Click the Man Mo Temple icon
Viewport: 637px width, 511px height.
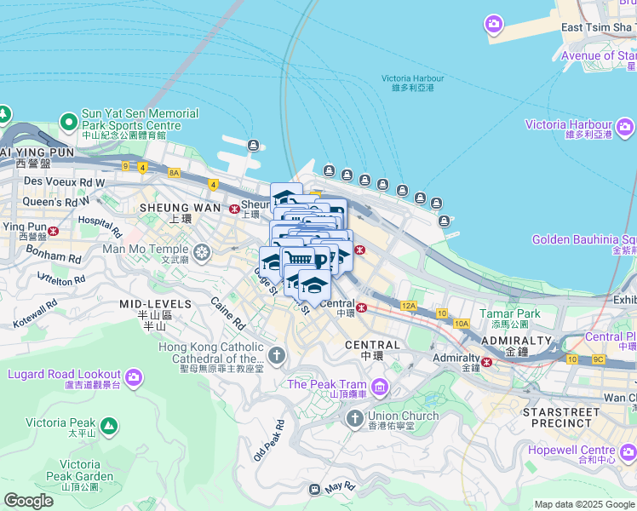pyautogui.click(x=202, y=251)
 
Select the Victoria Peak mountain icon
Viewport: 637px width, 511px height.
pyautogui.click(x=108, y=425)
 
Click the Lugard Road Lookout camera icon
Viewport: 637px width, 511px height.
pyautogui.click(x=134, y=376)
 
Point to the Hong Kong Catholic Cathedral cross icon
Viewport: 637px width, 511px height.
pyautogui.click(x=276, y=353)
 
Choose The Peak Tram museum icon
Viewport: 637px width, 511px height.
pyautogui.click(x=380, y=389)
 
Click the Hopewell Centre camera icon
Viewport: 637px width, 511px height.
pyautogui.click(x=627, y=452)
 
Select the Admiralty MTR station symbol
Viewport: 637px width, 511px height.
pyautogui.click(x=487, y=362)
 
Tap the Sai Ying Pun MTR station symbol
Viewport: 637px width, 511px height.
pyautogui.click(x=53, y=231)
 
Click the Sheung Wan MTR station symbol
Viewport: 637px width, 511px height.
pyautogui.click(x=234, y=209)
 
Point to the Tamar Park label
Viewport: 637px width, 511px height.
pyautogui.click(x=509, y=313)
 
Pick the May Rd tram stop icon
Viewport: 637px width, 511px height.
pyautogui.click(x=314, y=489)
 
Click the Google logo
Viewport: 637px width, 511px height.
pyautogui.click(x=28, y=501)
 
